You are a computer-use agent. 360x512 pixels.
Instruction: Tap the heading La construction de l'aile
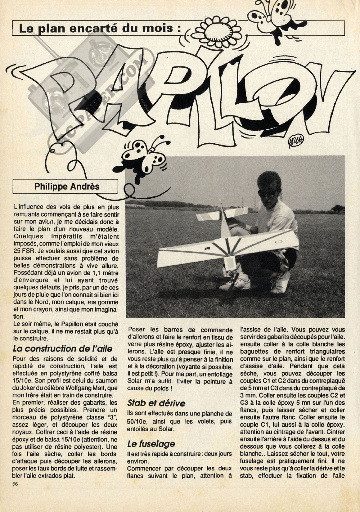62,348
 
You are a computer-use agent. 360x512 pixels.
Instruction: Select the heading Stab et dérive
156,403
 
